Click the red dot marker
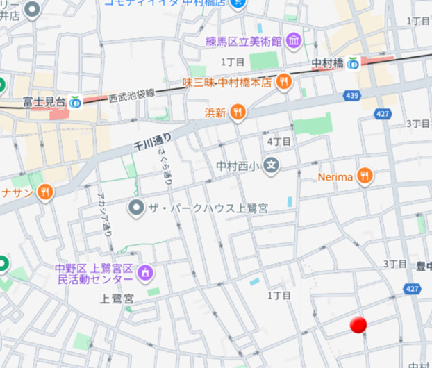click(x=358, y=324)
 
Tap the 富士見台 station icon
click(x=75, y=101)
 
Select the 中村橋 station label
click(x=327, y=62)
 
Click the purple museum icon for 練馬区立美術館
click(x=293, y=41)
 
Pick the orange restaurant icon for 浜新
click(x=238, y=112)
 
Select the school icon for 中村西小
click(x=272, y=166)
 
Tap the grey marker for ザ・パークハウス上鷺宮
click(x=137, y=208)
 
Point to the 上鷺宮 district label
click(x=117, y=299)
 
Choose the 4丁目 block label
click(x=280, y=142)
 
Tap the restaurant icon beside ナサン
click(x=45, y=192)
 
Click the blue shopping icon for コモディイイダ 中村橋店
click(x=238, y=3)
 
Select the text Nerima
click(x=335, y=177)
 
